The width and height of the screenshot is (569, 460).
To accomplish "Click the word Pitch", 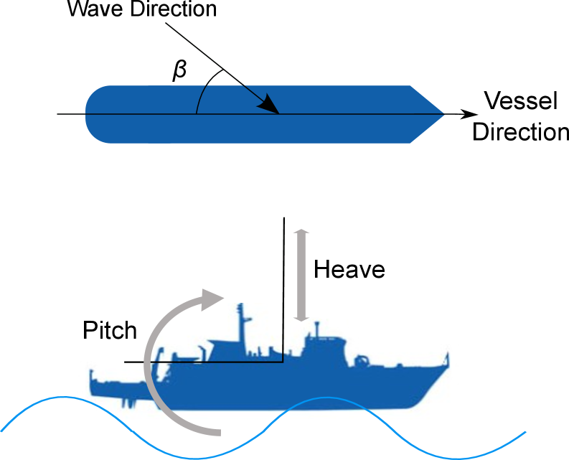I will click(x=109, y=330).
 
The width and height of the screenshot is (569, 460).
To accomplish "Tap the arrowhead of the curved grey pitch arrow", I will click(x=213, y=298).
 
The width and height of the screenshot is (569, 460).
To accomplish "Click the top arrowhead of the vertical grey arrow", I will click(x=301, y=233).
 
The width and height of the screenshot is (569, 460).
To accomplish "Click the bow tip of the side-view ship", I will click(x=450, y=357).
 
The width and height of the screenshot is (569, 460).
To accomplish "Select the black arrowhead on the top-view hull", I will click(x=269, y=105).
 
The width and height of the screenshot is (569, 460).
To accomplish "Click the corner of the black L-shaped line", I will click(x=282, y=361).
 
